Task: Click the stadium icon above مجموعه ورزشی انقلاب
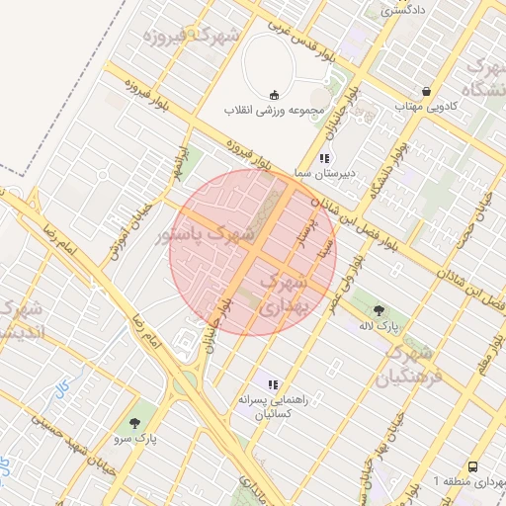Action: [274, 94]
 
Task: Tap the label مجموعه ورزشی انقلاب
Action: [273, 109]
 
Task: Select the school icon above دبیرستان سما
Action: [323, 158]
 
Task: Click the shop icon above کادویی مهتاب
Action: [426, 90]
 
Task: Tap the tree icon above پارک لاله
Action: [379, 310]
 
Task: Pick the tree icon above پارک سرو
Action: [134, 422]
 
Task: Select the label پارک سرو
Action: [135, 437]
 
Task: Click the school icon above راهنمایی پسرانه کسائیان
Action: [274, 383]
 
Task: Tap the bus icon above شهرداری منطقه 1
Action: [473, 465]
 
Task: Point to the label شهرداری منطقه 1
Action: [469, 481]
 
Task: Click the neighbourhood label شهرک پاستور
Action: [206, 236]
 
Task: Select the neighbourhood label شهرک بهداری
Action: [284, 295]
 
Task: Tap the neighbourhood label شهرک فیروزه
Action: [192, 37]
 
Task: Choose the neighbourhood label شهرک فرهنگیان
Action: [406, 364]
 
